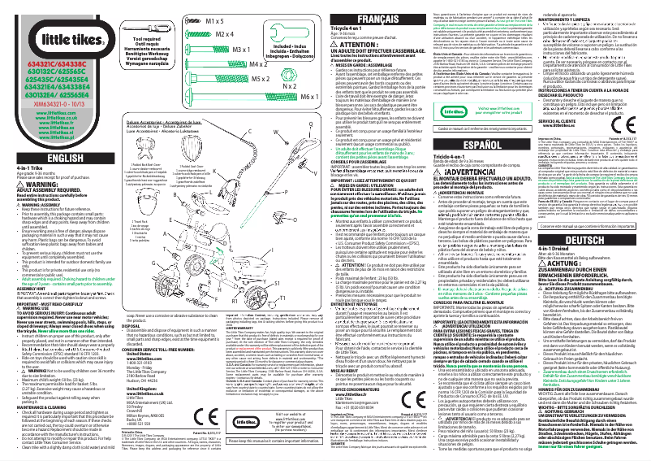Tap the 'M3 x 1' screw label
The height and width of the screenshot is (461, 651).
click(x=222, y=50)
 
